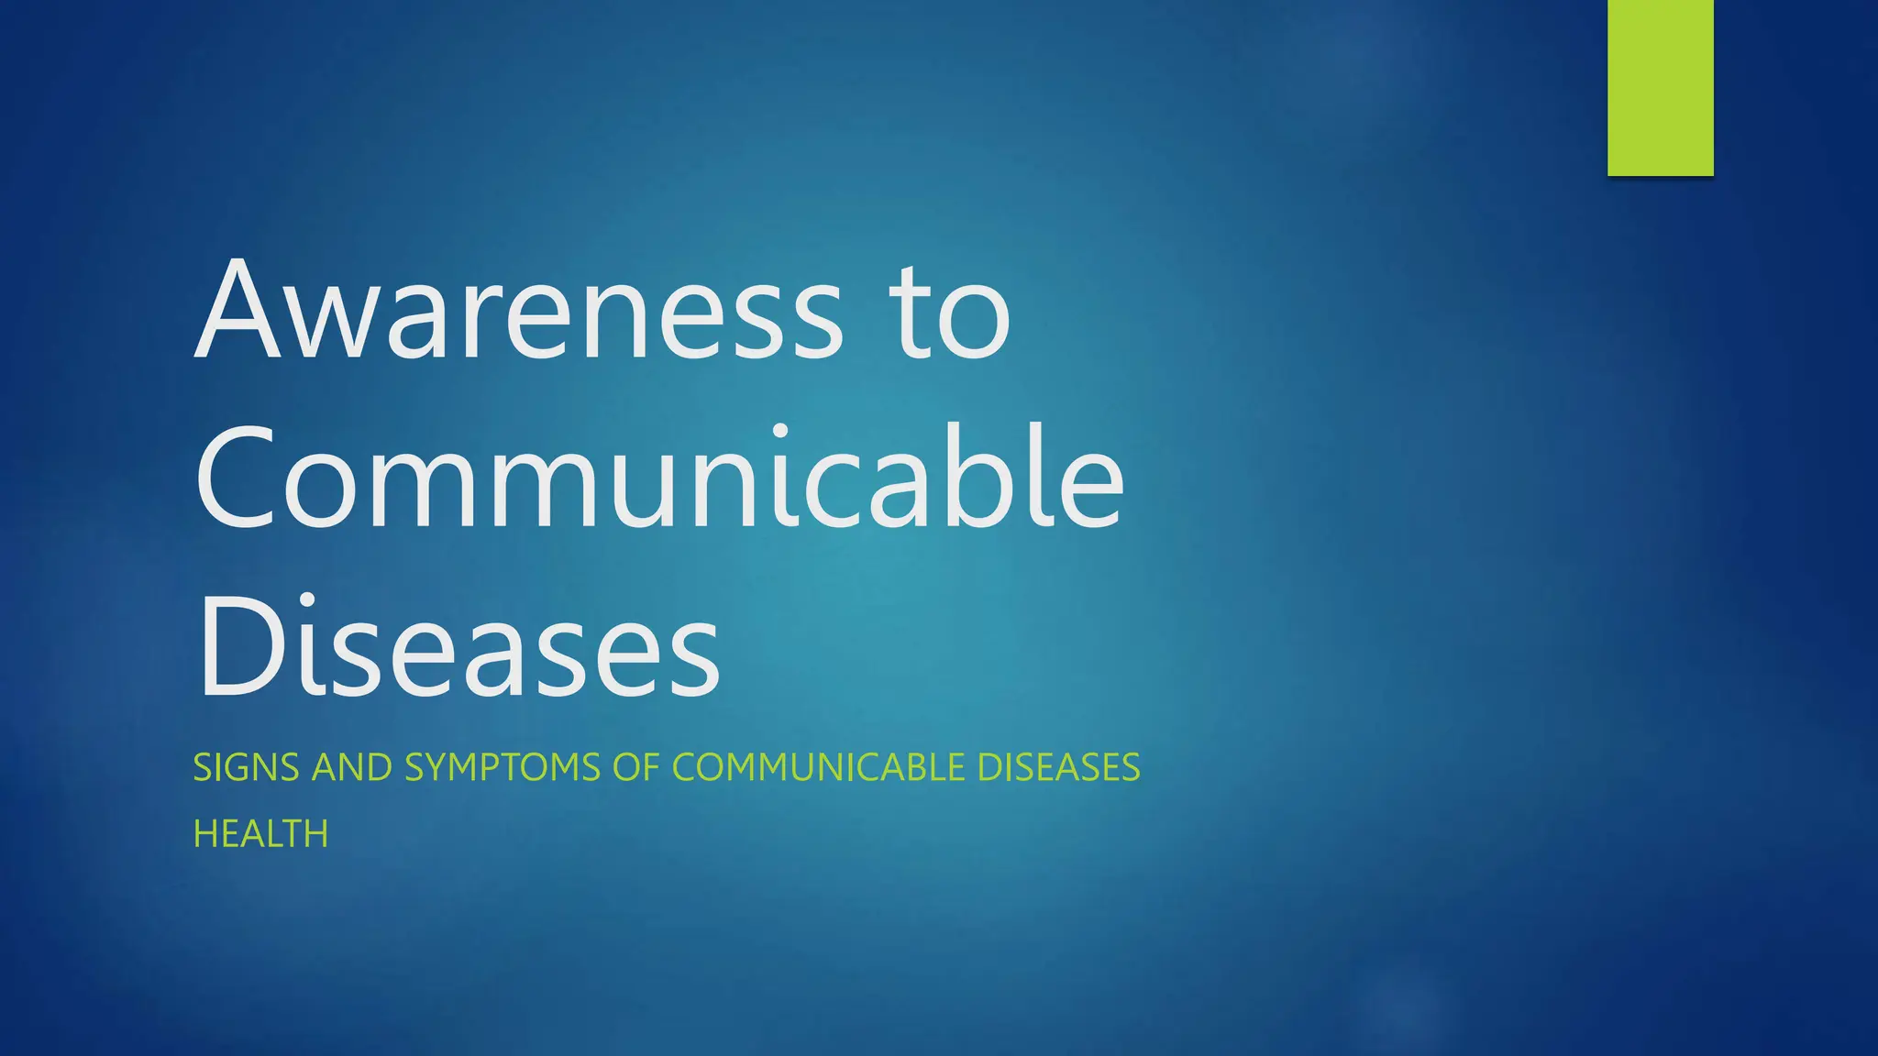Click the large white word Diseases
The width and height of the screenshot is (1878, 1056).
[458, 647]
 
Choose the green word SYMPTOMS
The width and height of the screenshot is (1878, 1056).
[502, 767]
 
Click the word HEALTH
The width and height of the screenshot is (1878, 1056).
[260, 834]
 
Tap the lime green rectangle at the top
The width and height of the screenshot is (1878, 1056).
[1660, 87]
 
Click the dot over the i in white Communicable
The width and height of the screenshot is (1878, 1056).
[780, 431]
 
